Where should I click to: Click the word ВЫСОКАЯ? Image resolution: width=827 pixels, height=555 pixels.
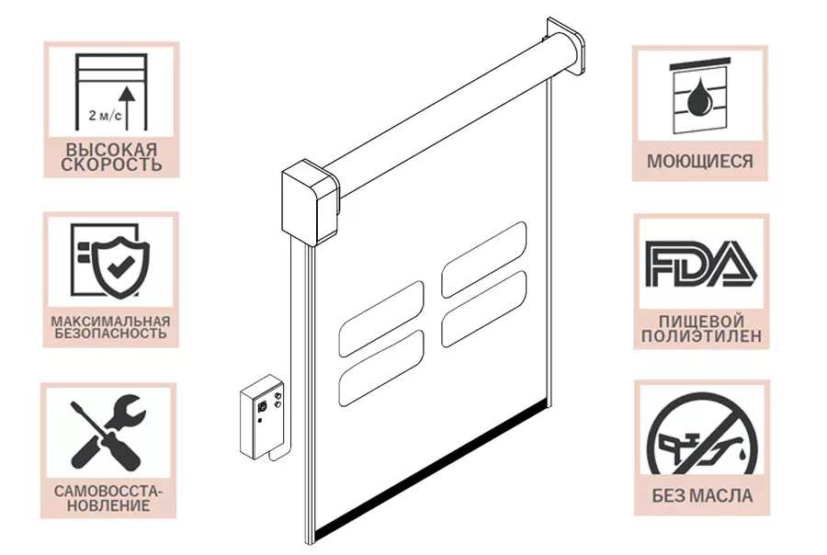[111, 149]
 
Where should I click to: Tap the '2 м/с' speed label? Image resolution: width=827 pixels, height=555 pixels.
[105, 115]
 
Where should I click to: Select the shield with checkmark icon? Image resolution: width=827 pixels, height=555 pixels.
[120, 266]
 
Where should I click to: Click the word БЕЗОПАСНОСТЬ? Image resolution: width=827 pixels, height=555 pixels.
[111, 334]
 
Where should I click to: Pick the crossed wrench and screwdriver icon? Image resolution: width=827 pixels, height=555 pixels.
[108, 432]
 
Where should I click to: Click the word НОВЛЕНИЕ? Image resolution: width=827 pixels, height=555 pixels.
[108, 506]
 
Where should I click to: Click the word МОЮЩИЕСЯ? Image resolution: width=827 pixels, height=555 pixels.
[700, 161]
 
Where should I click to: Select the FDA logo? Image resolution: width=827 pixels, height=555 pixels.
[701, 264]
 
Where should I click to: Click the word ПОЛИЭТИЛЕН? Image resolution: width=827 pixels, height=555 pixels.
[701, 336]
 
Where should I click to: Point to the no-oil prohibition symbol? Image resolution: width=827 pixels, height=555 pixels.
[702, 435]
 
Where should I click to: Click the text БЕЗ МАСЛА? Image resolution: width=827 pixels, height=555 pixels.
[702, 496]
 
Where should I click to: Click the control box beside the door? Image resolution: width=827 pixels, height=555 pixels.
[261, 417]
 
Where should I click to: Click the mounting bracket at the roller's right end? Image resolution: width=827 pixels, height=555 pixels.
[566, 46]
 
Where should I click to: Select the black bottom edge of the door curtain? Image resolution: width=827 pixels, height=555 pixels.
[433, 469]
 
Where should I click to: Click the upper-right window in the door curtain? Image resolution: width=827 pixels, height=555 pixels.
[483, 260]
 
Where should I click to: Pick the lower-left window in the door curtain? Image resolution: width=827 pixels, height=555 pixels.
[381, 368]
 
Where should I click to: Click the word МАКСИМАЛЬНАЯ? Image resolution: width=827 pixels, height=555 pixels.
[111, 321]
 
